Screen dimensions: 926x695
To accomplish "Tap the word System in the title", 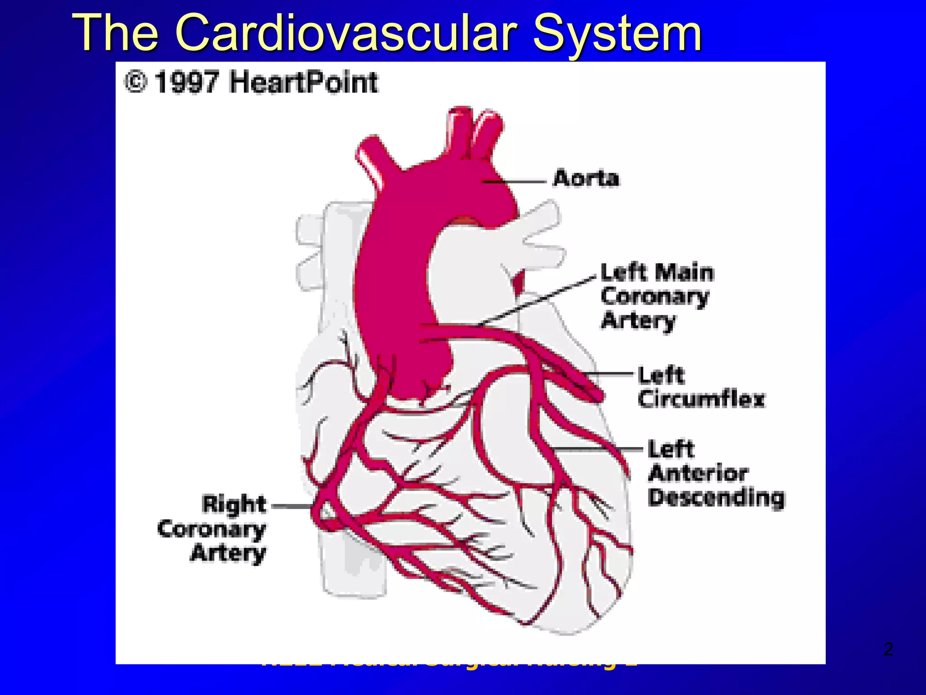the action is pos(617,33).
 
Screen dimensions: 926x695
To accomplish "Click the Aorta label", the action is pos(586,178).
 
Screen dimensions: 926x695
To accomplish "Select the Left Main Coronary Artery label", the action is pos(657,296).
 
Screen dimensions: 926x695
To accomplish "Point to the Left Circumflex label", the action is pos(701,387).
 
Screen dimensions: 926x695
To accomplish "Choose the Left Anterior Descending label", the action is pos(716,473).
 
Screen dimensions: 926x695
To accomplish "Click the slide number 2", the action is pos(888,649).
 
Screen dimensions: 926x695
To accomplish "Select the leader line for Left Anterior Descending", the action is pos(597,449).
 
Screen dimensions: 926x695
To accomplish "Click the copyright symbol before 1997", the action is pos(136,82).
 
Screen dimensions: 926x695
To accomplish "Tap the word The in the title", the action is pos(116,33).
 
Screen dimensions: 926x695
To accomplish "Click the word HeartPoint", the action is pos(303,82).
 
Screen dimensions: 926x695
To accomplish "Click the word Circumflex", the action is pos(701,399).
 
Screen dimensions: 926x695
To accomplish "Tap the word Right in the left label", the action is pos(234,504).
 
